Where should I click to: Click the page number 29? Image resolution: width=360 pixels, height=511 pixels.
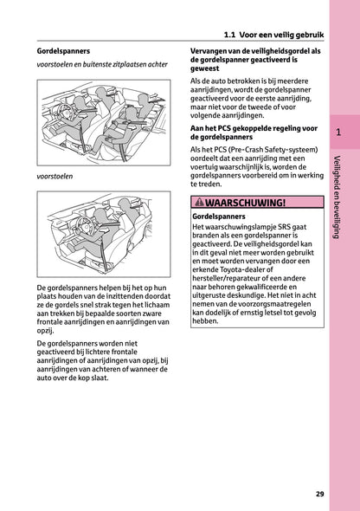point(320,494)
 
